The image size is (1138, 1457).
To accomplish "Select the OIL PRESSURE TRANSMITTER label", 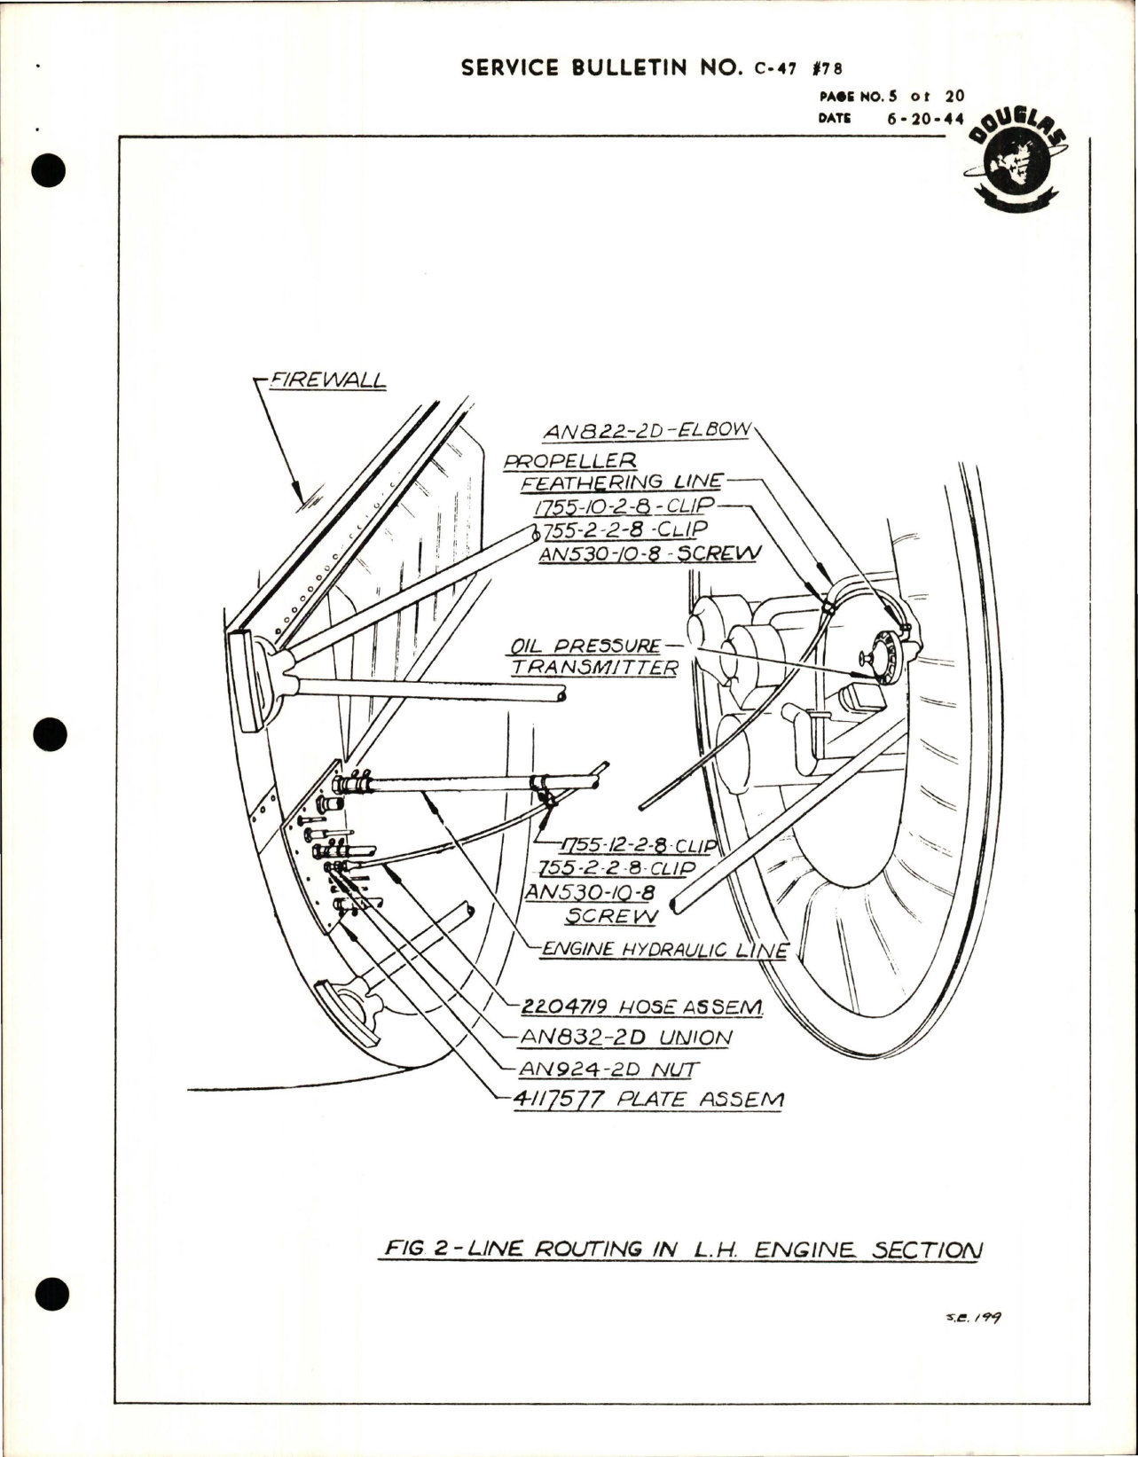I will point(593,656).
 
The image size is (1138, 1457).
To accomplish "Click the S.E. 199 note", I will point(973,1319).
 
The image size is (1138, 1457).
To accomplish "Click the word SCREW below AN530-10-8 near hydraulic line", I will point(612,915).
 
